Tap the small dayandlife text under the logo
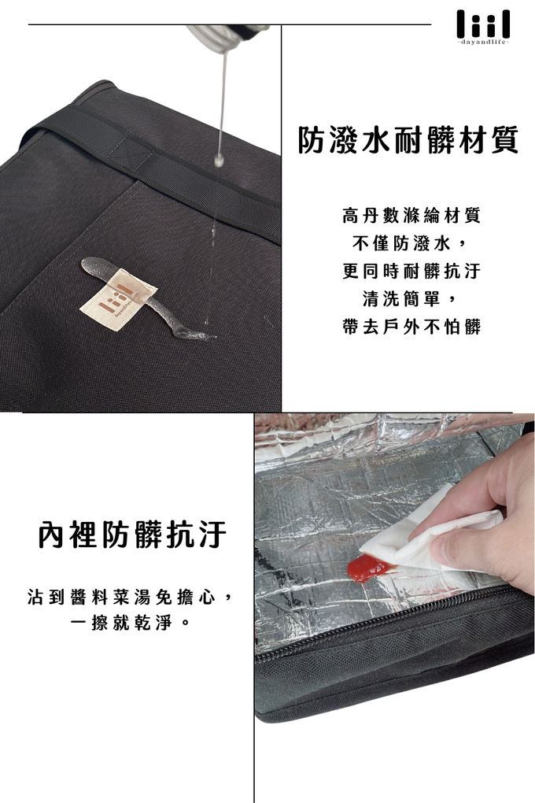click(483, 41)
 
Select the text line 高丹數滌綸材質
click(411, 215)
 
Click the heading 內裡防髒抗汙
click(132, 535)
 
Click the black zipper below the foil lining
click(378, 626)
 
